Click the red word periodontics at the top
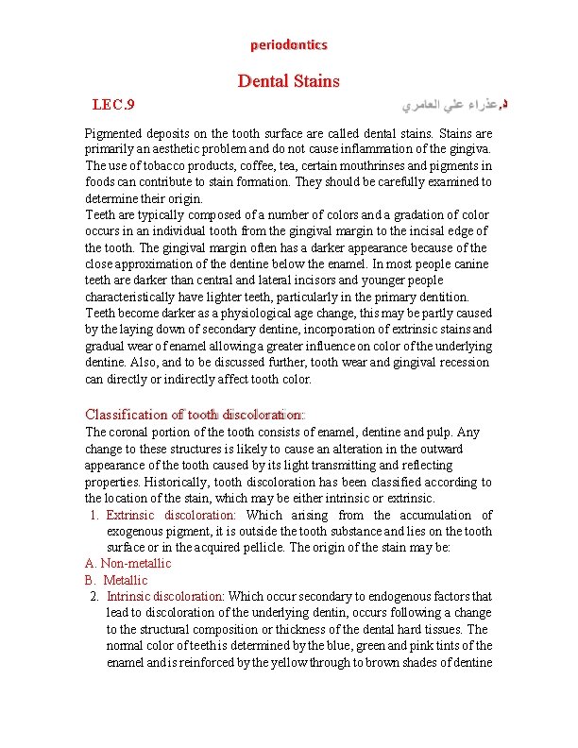pyautogui.click(x=288, y=44)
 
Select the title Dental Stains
pyautogui.click(x=288, y=81)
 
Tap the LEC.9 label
pyautogui.click(x=114, y=103)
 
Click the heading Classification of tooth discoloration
pyautogui.click(x=195, y=415)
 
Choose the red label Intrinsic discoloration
pyautogui.click(x=165, y=596)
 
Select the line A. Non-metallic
pyautogui.click(x=128, y=564)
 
